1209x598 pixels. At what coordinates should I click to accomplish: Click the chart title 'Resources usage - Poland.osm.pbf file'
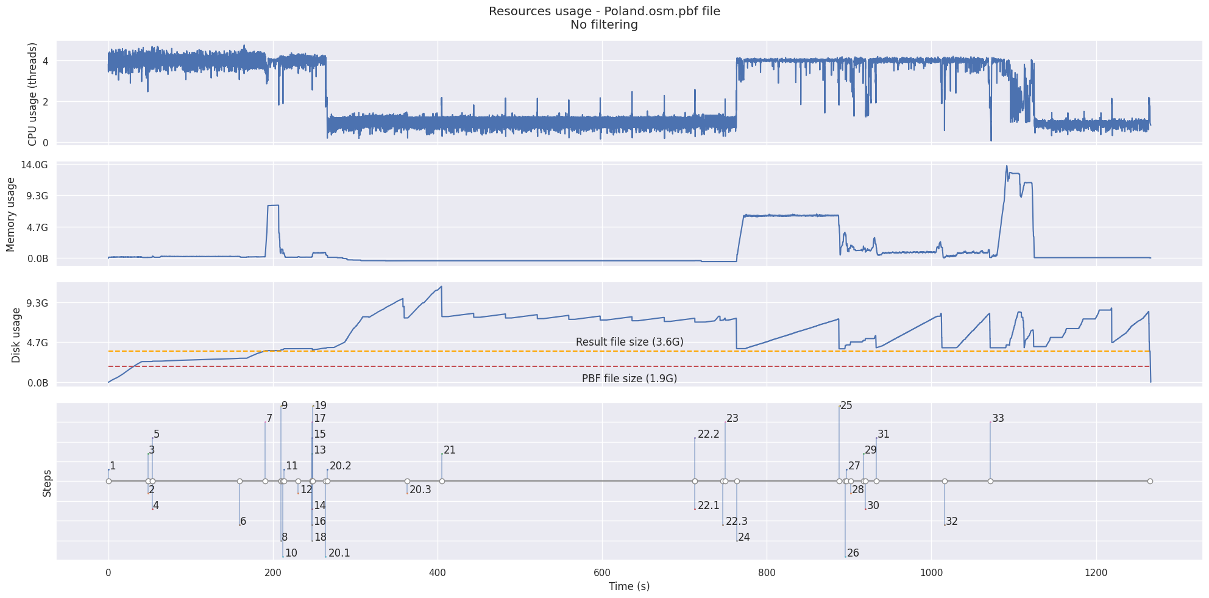pyautogui.click(x=604, y=12)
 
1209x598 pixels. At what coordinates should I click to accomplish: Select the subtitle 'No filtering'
pyautogui.click(x=604, y=25)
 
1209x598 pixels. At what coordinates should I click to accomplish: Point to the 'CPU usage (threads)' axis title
pyautogui.click(x=33, y=94)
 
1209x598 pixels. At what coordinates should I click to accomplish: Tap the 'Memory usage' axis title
pyautogui.click(x=11, y=214)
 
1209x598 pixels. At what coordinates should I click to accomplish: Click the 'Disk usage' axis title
pyautogui.click(x=16, y=335)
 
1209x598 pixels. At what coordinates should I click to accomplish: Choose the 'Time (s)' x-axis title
pyautogui.click(x=629, y=586)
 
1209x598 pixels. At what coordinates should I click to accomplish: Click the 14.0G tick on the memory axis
pyautogui.click(x=35, y=165)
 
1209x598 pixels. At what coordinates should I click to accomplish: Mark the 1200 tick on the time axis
pyautogui.click(x=1096, y=572)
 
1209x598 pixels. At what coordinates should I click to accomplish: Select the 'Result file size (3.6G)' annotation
pyautogui.click(x=629, y=342)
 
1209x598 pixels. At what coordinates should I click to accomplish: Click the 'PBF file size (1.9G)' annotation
pyautogui.click(x=629, y=378)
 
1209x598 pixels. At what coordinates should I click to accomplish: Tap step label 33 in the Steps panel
pyautogui.click(x=998, y=419)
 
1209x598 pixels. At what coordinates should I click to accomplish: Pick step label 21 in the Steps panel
pyautogui.click(x=450, y=450)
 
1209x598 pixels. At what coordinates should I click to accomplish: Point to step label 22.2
pyautogui.click(x=709, y=435)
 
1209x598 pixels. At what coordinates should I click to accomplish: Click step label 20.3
pyautogui.click(x=420, y=489)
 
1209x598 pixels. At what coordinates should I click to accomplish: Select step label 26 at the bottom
pyautogui.click(x=853, y=553)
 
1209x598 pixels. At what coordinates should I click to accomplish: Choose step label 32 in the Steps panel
pyautogui.click(x=952, y=521)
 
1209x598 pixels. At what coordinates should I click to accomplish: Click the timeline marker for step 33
pyautogui.click(x=990, y=482)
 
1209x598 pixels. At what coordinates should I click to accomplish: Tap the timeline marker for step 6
pyautogui.click(x=239, y=482)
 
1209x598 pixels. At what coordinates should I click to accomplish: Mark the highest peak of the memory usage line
pyautogui.click(x=1007, y=166)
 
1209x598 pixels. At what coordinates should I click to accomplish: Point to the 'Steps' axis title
pyautogui.click(x=47, y=483)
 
